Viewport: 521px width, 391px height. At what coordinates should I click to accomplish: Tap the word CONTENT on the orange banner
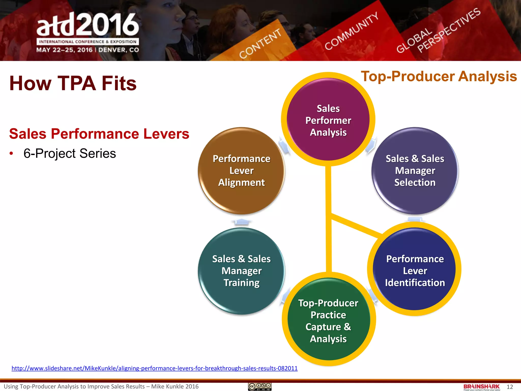(260, 44)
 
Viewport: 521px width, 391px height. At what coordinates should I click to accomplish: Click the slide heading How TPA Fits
(73, 83)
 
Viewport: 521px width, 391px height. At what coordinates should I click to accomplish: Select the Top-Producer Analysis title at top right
(439, 76)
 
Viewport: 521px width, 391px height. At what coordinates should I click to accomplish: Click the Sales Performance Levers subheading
(99, 134)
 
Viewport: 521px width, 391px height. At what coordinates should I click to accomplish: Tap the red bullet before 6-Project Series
(11, 153)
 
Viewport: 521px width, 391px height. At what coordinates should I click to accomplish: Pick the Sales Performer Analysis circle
(328, 120)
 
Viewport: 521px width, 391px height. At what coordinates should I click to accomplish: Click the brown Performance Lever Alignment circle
(241, 171)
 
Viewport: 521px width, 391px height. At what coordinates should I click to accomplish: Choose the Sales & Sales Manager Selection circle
(415, 171)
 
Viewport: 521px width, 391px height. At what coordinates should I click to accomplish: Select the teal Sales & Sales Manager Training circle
(241, 271)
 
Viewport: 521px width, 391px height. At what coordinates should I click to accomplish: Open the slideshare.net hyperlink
(154, 368)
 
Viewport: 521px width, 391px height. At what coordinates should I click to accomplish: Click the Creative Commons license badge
(260, 386)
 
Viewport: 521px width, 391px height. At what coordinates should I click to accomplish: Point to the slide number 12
(510, 387)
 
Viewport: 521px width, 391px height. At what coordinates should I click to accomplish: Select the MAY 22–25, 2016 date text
(64, 50)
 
